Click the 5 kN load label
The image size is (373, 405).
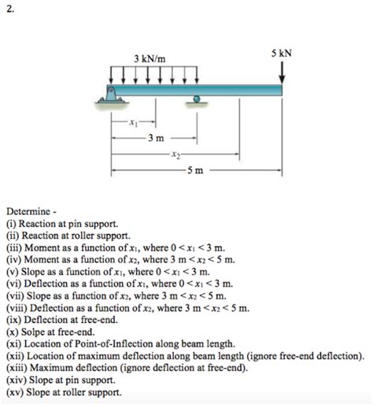281,54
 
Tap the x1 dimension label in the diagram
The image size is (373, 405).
134,122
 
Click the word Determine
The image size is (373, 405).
29,212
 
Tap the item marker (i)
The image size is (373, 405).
12,224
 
